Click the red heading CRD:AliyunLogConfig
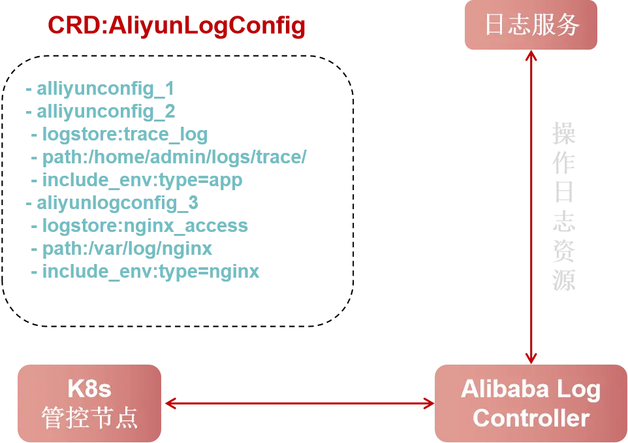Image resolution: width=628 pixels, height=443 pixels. click(176, 26)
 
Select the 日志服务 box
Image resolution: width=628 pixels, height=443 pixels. click(532, 25)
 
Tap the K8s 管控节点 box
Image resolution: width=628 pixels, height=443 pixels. click(89, 403)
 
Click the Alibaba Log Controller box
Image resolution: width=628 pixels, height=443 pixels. click(530, 403)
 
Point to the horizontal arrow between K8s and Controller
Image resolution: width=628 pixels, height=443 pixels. click(298, 404)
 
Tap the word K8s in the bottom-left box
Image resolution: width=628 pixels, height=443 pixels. click(89, 389)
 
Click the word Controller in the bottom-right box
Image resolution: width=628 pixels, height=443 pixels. click(531, 418)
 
